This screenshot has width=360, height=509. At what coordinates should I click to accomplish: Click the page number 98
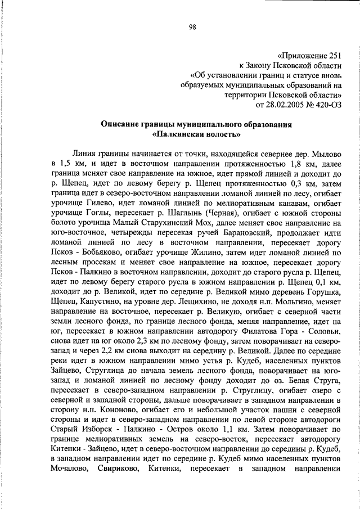click(192, 27)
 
